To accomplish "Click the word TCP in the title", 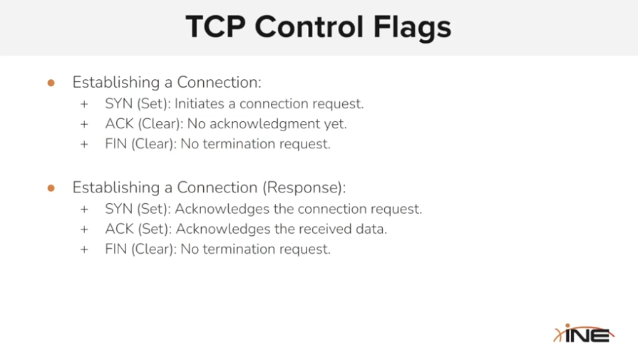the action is point(216,27).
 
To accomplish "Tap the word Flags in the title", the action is point(412,28).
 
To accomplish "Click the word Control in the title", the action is point(309,27).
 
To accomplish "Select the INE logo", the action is point(584,334).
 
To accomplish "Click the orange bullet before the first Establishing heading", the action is point(51,83).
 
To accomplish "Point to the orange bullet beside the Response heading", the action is point(51,188).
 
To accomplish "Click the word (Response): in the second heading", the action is point(304,187).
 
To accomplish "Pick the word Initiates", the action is point(200,104).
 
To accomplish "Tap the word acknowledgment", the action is point(265,124).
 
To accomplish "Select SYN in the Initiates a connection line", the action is point(119,104).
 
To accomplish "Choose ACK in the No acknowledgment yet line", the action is point(119,123).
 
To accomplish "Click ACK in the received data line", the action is point(119,229).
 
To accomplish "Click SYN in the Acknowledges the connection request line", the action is point(119,209).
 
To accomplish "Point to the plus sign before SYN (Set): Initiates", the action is point(84,104).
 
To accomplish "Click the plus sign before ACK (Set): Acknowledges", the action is point(84,230).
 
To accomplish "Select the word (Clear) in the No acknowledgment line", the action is point(160,124).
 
